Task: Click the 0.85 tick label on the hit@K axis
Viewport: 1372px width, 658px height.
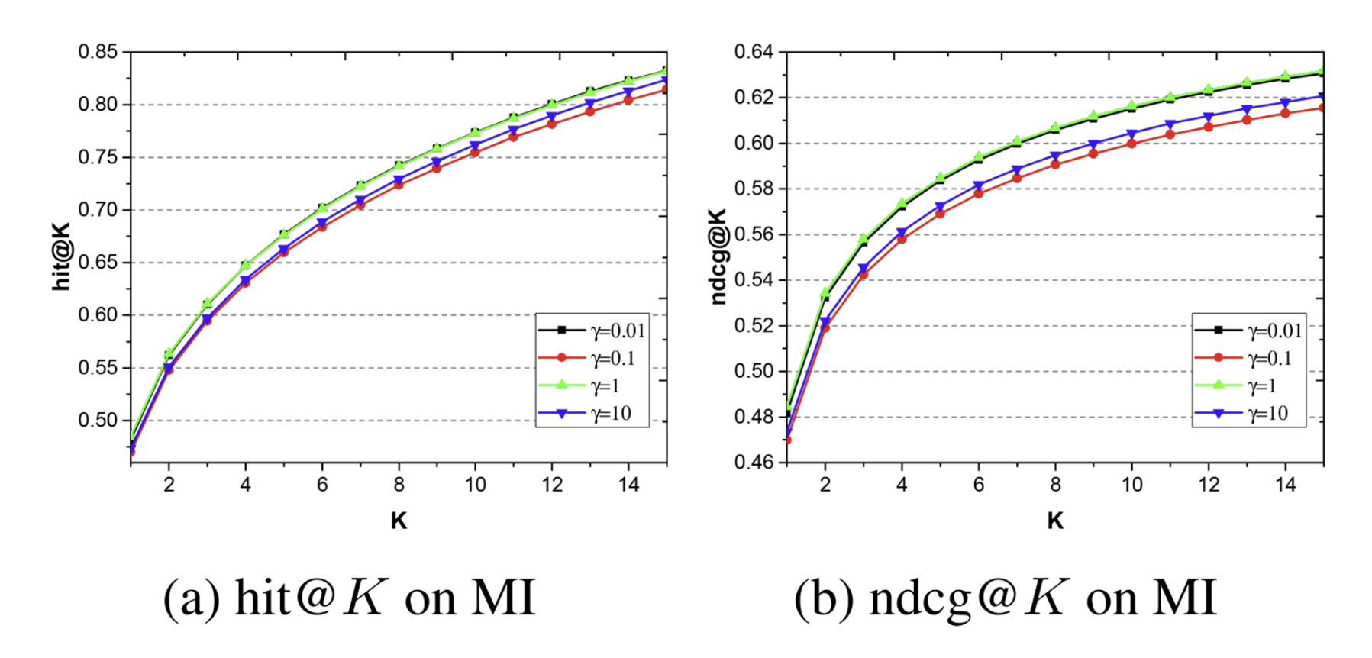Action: (x=98, y=52)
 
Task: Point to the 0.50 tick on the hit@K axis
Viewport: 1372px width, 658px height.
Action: (x=98, y=421)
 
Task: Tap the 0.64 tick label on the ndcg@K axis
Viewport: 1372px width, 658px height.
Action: (x=754, y=52)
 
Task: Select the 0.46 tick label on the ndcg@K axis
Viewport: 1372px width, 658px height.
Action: (x=754, y=462)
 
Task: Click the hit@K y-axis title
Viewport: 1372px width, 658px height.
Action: (x=61, y=256)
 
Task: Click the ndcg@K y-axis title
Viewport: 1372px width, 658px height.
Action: (x=718, y=256)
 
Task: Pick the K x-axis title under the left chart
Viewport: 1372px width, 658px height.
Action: (x=399, y=521)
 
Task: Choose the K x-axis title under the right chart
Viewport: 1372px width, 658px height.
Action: (x=1055, y=521)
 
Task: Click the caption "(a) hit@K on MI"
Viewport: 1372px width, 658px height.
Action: (x=349, y=597)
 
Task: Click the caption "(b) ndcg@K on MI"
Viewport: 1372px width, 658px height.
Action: (x=1005, y=597)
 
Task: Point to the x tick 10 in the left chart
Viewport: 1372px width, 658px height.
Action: (x=475, y=485)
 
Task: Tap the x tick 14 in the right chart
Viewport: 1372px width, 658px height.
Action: (x=1286, y=485)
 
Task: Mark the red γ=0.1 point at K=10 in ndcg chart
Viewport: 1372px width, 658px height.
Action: (x=1131, y=144)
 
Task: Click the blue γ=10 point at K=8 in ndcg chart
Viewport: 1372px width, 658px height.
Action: (x=1055, y=156)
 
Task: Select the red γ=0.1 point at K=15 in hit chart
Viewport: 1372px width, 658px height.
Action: (x=666, y=89)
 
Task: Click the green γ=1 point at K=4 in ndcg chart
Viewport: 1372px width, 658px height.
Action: (x=902, y=204)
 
